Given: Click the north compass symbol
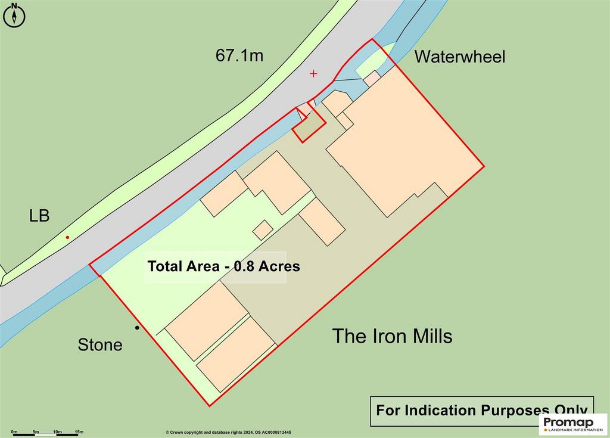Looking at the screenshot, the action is tap(14, 15).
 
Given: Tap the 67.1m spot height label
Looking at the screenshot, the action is tap(239, 55).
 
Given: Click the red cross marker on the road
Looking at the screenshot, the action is tap(313, 73).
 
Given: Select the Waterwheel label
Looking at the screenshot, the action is tap(459, 57).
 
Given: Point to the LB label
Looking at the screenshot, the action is tap(39, 216).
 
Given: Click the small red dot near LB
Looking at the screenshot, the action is tap(67, 237).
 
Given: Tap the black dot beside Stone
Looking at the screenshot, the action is tap(137, 328).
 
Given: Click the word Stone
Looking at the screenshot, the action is tap(100, 344).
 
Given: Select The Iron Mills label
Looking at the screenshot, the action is tap(392, 336).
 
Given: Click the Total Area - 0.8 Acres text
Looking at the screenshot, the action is tap(224, 266).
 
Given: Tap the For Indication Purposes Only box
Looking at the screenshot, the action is tap(481, 411).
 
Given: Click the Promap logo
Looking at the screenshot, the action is tap(573, 424).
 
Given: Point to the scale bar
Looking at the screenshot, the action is tap(45, 434).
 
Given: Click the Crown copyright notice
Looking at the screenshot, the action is tap(228, 432).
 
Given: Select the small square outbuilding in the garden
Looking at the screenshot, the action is tap(263, 230).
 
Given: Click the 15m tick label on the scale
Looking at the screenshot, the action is tap(79, 431).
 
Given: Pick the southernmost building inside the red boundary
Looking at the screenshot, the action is tap(236, 355).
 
